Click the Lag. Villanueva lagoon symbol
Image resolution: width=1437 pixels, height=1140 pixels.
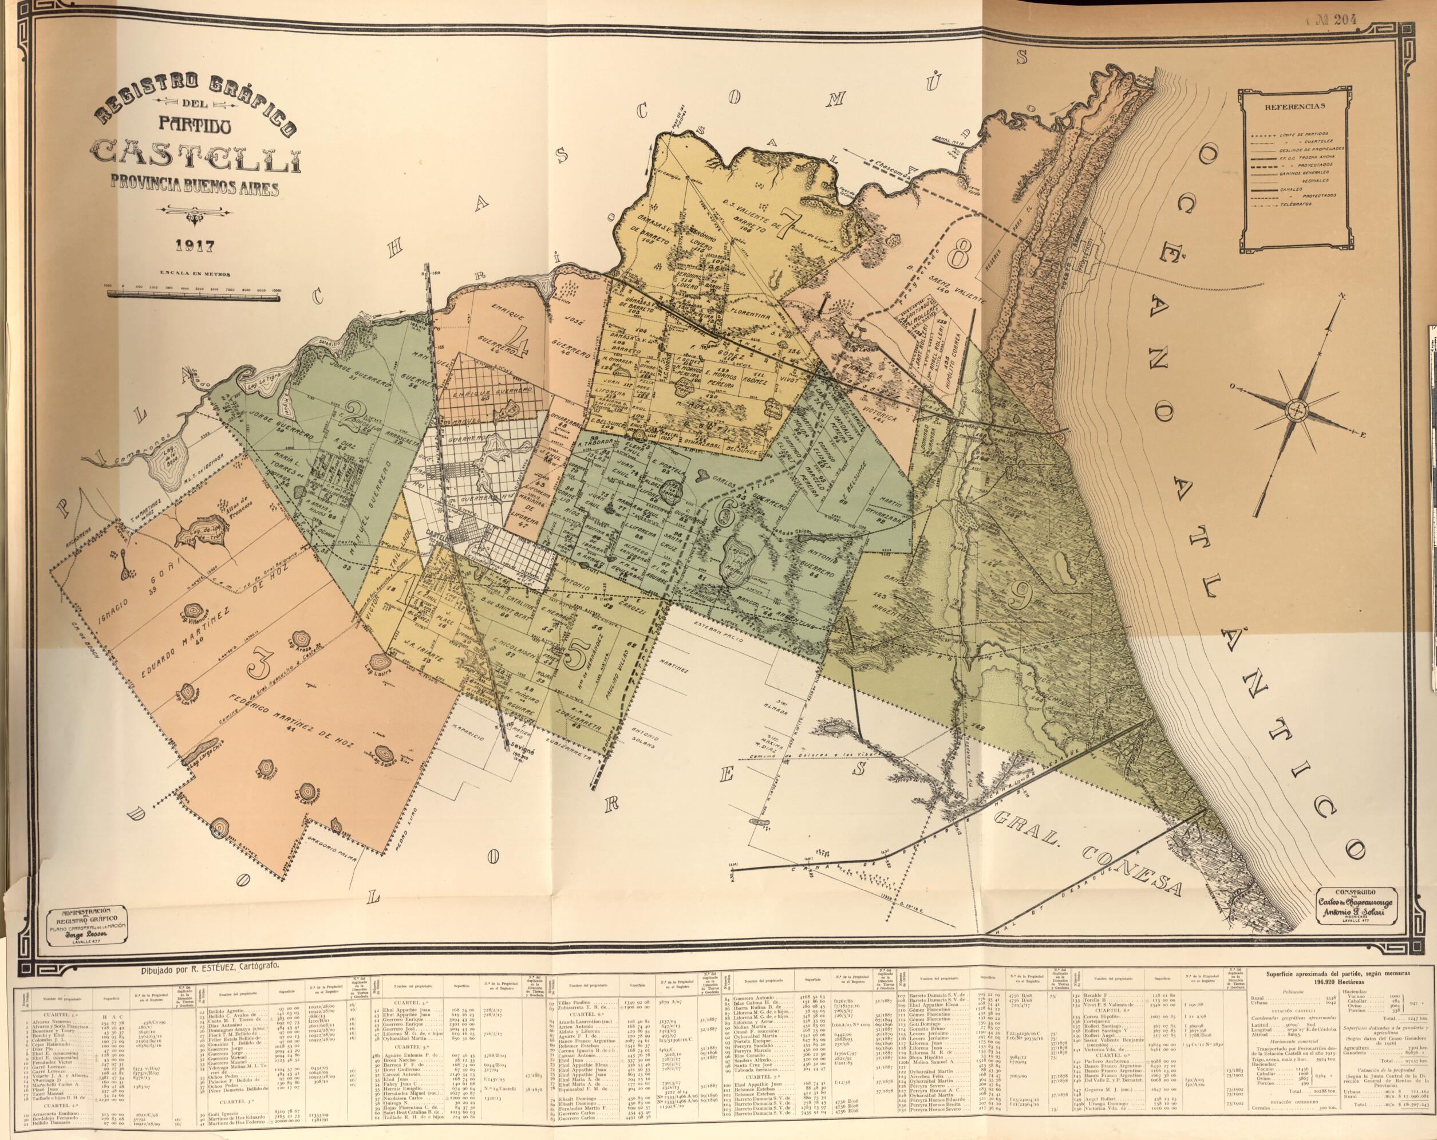[x=194, y=611]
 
